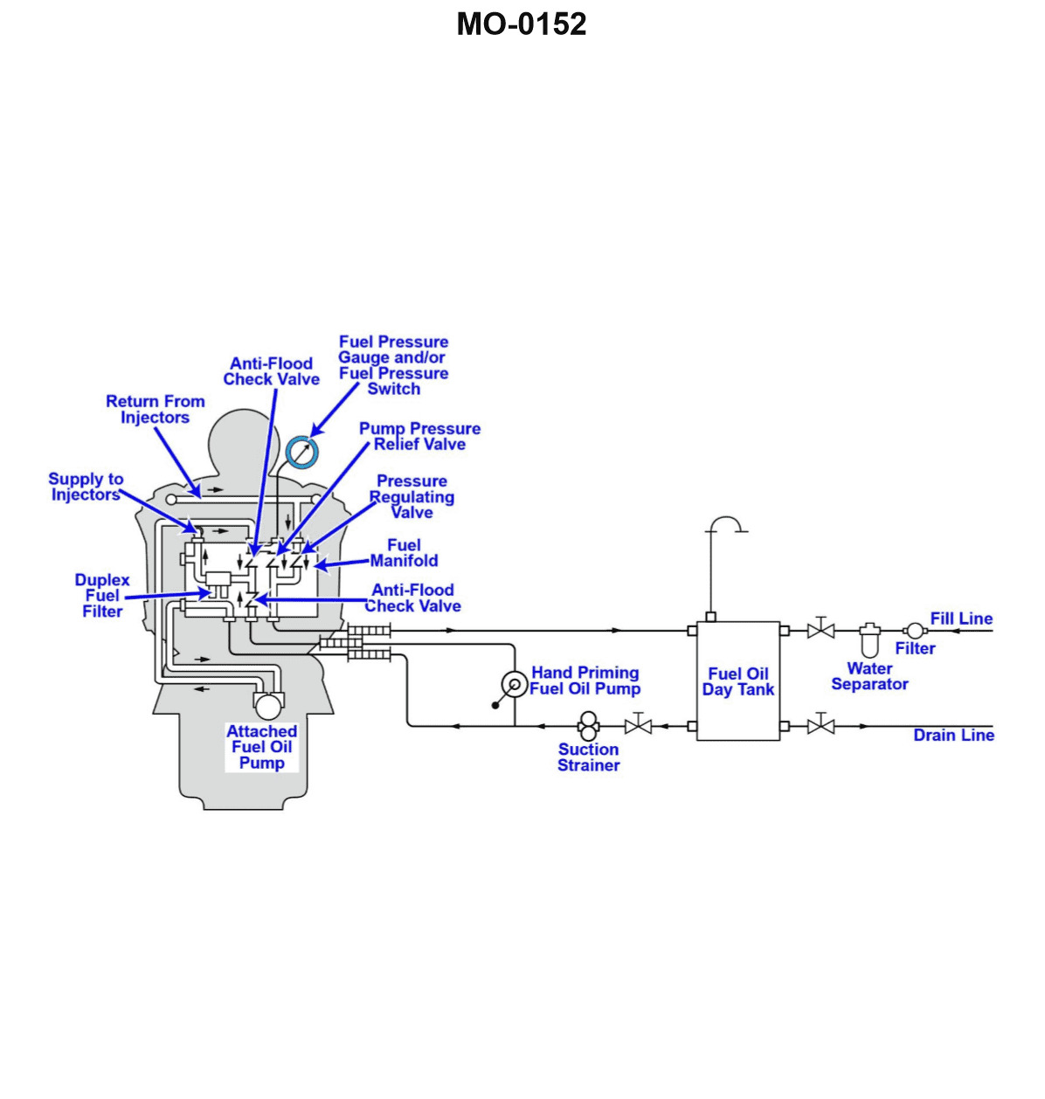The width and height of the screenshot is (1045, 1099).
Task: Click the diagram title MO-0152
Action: click(x=522, y=24)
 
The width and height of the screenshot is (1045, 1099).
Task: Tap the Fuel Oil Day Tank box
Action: click(x=737, y=681)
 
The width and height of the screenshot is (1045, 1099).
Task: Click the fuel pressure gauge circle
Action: click(x=302, y=452)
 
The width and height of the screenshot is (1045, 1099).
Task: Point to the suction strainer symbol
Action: click(x=588, y=725)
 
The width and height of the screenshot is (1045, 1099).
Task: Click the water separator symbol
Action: click(x=869, y=640)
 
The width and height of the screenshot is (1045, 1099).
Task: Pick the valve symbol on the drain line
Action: click(x=820, y=725)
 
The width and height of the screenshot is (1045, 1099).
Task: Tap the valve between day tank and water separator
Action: click(x=820, y=629)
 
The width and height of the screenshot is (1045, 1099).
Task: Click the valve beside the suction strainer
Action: click(x=639, y=725)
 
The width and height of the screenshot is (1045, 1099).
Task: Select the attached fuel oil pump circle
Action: click(x=267, y=704)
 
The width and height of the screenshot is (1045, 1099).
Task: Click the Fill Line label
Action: click(x=961, y=619)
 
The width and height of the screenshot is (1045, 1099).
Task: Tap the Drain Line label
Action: click(x=953, y=736)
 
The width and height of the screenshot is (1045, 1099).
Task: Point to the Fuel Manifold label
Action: click(x=404, y=553)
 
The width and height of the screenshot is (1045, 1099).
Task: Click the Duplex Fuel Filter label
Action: click(x=102, y=596)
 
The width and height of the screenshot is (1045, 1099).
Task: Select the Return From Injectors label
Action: click(x=156, y=409)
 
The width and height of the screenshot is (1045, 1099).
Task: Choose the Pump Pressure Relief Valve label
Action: click(x=419, y=436)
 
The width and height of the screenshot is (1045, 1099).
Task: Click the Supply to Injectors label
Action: click(x=86, y=487)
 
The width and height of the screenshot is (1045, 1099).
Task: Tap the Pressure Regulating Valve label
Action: click(x=412, y=496)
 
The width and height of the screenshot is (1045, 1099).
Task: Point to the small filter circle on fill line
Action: click(x=913, y=630)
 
